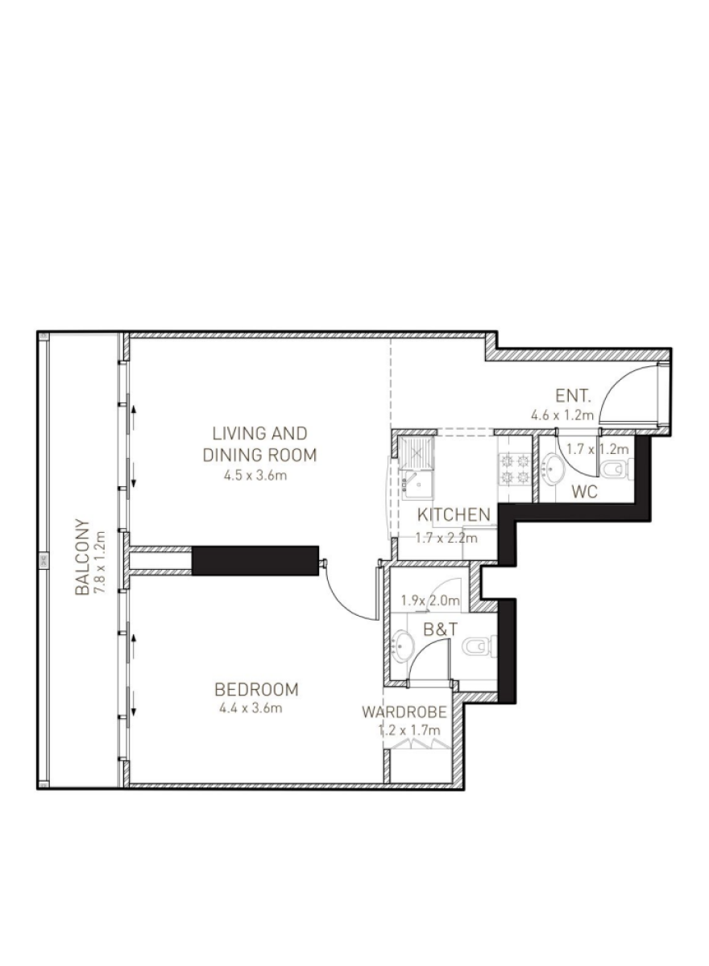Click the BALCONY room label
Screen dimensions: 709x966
coord(82,557)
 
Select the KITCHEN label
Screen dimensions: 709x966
coord(454,515)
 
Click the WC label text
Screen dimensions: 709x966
coord(584,492)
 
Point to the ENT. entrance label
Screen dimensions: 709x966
coord(573,395)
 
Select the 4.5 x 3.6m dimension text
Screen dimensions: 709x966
coord(255,476)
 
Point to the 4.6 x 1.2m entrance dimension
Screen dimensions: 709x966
coord(562,415)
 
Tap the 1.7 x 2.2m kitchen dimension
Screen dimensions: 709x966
coord(446,539)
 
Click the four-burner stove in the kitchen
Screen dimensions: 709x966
coord(514,469)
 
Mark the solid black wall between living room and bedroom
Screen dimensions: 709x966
coord(255,560)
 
